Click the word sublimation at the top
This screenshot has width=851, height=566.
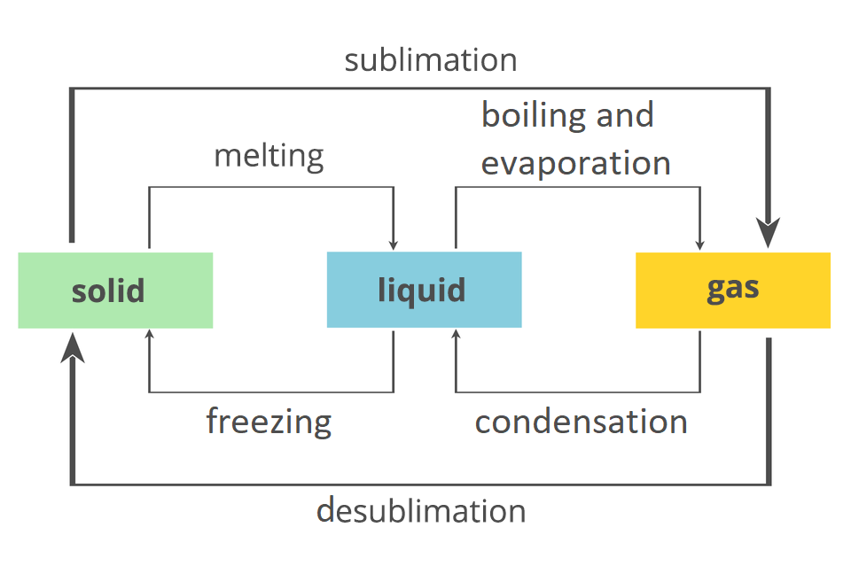(x=431, y=60)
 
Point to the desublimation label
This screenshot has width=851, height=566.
(x=421, y=511)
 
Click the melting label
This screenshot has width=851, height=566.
(x=269, y=156)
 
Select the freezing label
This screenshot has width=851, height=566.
(x=269, y=420)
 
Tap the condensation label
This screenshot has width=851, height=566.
(x=581, y=422)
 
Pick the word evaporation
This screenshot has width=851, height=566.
(x=575, y=163)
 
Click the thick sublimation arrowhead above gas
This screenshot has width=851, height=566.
(x=769, y=233)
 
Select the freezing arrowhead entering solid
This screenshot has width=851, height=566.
(x=149, y=336)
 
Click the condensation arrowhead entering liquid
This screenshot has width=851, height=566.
(x=456, y=336)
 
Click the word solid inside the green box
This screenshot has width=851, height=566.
(x=108, y=291)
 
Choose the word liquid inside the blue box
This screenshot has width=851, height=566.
(x=421, y=291)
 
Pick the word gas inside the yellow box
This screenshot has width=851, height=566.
(x=733, y=289)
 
